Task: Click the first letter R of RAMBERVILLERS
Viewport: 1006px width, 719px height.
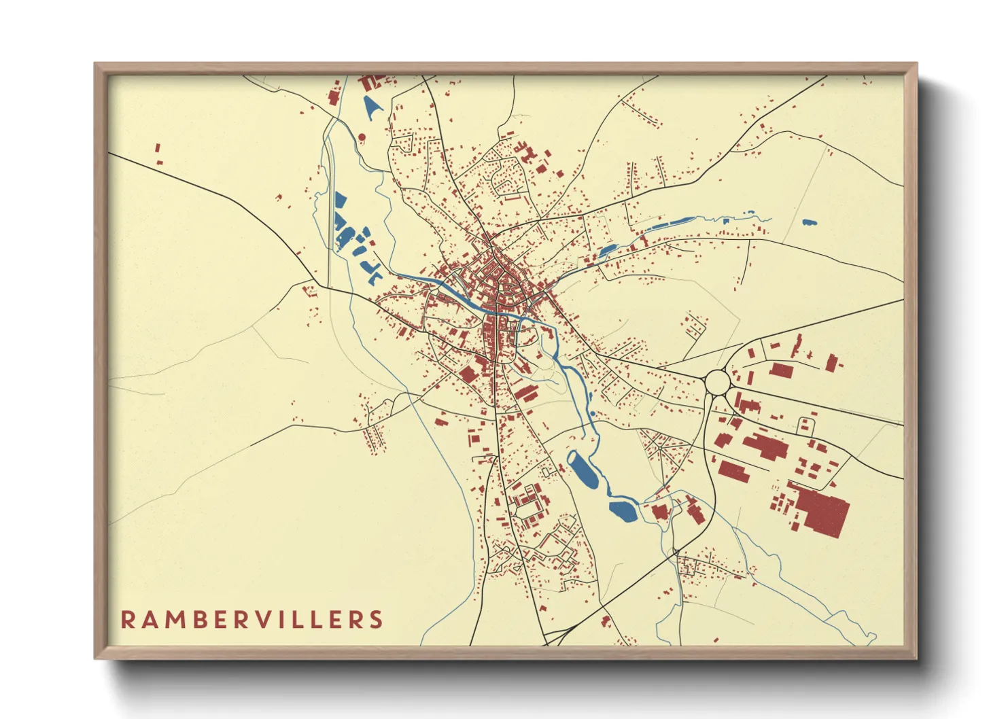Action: (x=128, y=619)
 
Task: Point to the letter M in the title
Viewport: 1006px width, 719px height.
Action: (x=173, y=619)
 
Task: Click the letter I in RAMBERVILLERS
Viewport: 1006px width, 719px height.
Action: (x=285, y=619)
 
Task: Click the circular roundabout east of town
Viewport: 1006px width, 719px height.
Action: (x=717, y=382)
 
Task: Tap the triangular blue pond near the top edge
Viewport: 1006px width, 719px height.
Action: (x=371, y=107)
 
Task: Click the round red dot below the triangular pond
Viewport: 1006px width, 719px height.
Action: (x=362, y=137)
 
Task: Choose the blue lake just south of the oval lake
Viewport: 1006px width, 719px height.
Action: (x=623, y=510)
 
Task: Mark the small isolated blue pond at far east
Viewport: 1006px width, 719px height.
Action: (x=808, y=222)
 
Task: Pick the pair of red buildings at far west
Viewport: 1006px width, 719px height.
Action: (x=158, y=154)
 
